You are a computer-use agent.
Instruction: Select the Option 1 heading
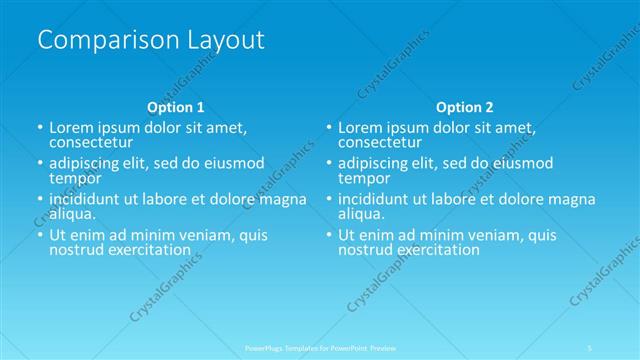pos(175,106)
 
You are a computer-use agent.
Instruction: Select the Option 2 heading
pos(464,106)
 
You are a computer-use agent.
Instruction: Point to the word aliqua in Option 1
pos(72,214)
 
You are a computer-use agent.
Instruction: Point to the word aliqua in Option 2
pos(361,214)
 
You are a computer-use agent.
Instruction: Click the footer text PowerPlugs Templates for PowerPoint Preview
pos(320,347)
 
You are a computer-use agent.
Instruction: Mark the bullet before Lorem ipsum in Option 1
pos(39,128)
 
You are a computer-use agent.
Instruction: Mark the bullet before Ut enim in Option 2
pos(328,236)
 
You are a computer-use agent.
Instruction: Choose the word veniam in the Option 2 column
pos(490,235)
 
